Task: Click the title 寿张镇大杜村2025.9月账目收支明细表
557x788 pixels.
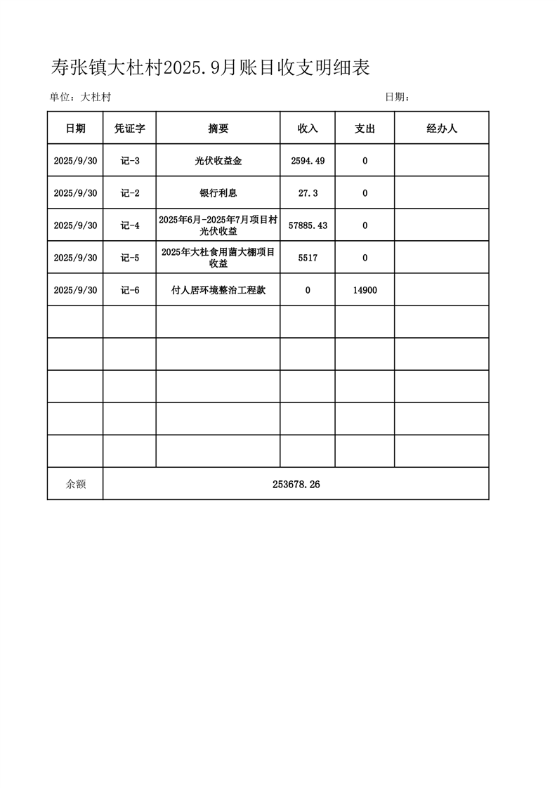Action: pos(211,67)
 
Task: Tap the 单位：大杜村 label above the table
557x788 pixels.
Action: pos(80,98)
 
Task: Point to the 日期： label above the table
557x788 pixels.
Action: pos(398,98)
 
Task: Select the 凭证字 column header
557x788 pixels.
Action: pos(130,129)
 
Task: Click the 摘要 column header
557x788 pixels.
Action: pos(218,129)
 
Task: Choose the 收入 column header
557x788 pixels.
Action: pos(308,129)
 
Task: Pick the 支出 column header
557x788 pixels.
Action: pos(365,129)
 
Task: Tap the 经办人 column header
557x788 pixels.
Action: pos(442,129)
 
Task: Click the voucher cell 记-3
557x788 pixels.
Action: pos(130,161)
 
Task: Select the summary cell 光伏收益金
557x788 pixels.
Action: pos(218,161)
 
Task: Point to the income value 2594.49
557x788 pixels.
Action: pos(308,161)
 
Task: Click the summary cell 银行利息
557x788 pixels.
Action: pos(218,193)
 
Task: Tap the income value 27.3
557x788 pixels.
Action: pos(308,193)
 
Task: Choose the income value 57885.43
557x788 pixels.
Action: pos(308,225)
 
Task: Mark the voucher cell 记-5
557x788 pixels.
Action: pos(130,258)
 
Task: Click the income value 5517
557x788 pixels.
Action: pos(308,258)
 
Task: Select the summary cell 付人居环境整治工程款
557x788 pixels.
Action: pos(218,289)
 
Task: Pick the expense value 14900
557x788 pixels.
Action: pos(365,289)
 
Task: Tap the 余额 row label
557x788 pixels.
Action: pos(75,484)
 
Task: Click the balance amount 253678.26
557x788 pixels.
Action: pos(296,484)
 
